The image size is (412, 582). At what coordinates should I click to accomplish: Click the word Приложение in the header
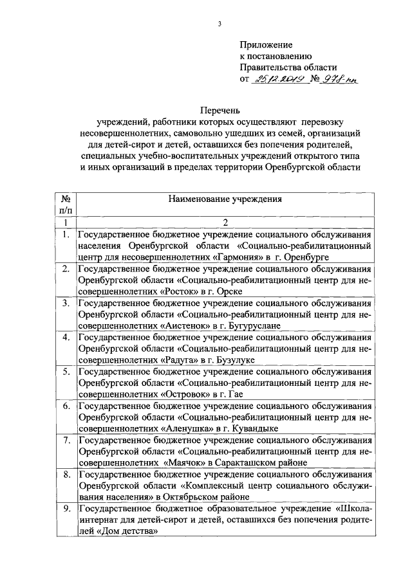click(x=266, y=45)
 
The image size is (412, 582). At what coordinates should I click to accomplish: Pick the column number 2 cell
click(x=225, y=223)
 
